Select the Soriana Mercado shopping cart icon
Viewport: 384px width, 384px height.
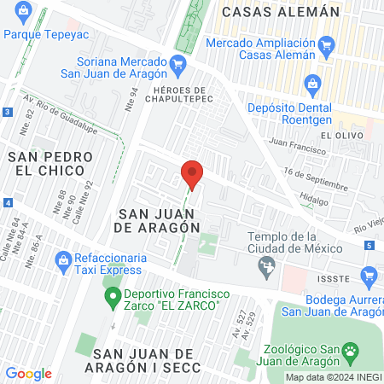click(x=177, y=63)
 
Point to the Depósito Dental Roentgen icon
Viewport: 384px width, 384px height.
click(x=312, y=84)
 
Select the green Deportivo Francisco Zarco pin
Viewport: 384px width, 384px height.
click(x=110, y=298)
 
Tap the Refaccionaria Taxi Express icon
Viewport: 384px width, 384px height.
click(x=61, y=258)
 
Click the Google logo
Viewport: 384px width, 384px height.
click(x=28, y=374)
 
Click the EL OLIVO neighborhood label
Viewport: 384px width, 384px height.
click(x=342, y=136)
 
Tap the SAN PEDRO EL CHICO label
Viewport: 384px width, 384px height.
click(x=46, y=163)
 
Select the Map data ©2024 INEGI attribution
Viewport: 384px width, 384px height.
click(x=333, y=377)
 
